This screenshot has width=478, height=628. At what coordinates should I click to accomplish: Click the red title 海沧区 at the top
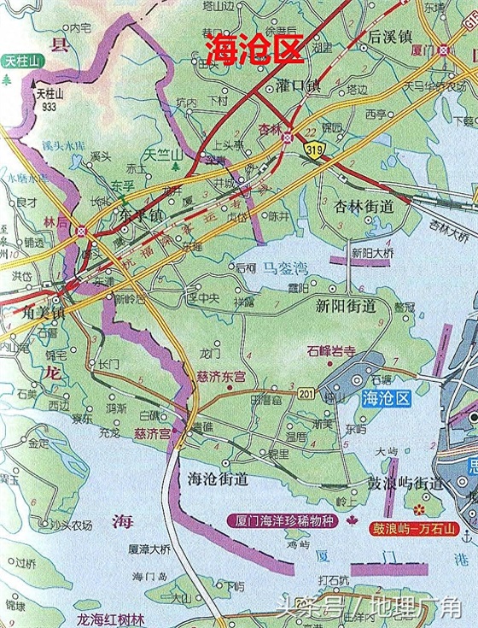pos(254,50)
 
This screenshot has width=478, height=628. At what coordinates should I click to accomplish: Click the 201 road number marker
pos(306,392)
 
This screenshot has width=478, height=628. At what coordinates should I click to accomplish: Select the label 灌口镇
pos(299,85)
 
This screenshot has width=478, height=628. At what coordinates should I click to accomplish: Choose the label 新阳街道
pos(346,305)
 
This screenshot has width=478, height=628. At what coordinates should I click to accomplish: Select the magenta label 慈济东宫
pos(221,377)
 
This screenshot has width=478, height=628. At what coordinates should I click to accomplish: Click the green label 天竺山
pos(163,155)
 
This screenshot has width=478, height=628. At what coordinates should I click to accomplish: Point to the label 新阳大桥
pos(372,254)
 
